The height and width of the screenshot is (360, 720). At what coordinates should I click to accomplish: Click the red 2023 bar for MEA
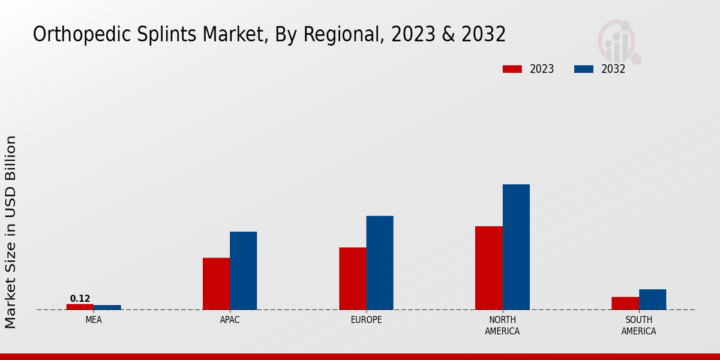coord(80,307)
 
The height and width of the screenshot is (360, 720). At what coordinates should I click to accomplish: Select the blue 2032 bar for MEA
coord(107,307)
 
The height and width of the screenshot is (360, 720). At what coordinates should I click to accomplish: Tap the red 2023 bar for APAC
coord(216,284)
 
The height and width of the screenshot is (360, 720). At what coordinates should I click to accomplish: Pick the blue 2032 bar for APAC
coord(243,271)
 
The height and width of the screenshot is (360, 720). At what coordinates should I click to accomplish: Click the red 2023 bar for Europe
coord(352,278)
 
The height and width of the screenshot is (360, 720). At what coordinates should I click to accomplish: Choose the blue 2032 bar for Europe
coord(380,263)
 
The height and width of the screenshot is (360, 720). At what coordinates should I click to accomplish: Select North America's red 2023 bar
coord(488,268)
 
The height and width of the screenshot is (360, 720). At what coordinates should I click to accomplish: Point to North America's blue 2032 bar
coord(516,247)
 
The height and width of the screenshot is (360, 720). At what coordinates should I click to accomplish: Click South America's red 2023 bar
coord(625,303)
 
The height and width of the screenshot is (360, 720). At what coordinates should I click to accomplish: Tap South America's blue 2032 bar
coord(652,299)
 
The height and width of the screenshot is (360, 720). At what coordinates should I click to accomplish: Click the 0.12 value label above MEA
coord(80,299)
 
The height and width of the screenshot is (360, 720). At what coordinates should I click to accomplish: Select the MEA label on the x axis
coord(94,320)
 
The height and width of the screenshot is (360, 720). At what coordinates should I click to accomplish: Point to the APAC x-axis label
coord(230,320)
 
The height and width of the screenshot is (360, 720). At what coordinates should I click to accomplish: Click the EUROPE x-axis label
coord(366,320)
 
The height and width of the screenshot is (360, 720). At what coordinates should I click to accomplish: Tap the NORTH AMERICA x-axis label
coord(502,326)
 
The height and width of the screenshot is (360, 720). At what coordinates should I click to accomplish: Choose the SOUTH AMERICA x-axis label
coord(638,326)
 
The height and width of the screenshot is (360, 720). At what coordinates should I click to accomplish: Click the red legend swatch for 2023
coord(512,69)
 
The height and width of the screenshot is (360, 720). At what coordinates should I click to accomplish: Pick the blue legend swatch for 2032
coord(583,69)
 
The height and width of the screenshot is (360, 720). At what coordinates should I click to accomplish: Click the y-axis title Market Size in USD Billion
coord(11,232)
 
